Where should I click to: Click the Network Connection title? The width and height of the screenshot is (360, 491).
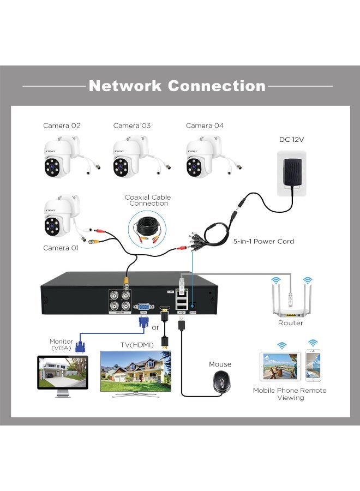[x=177, y=86]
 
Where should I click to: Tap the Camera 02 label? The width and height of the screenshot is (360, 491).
[x=62, y=125]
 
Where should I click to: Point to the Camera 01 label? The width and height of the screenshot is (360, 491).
[x=61, y=248]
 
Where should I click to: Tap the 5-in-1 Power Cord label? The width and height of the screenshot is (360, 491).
[x=263, y=241]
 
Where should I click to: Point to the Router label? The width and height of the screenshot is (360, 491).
[x=290, y=323]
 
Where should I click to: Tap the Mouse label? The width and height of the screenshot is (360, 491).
[x=220, y=364]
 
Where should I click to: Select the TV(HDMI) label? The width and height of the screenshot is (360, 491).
[x=136, y=345]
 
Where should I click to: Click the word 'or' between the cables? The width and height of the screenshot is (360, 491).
[x=155, y=328]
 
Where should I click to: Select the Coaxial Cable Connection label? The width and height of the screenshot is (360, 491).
[x=148, y=200]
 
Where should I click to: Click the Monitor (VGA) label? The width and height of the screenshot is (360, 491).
[x=61, y=345]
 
